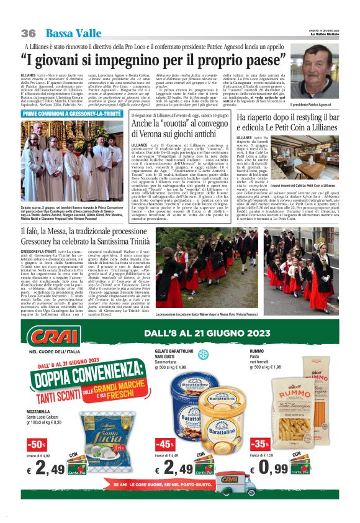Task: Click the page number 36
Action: [x=29, y=33]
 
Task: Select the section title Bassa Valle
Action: [x=66, y=33]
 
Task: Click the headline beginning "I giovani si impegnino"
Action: [x=147, y=61]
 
